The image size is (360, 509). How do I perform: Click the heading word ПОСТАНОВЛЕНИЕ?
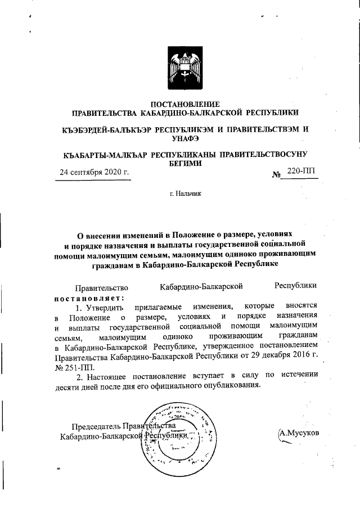(x=186, y=103)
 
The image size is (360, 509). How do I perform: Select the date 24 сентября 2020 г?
(x=94, y=172)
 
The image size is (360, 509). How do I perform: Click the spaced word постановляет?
(x=89, y=297)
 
